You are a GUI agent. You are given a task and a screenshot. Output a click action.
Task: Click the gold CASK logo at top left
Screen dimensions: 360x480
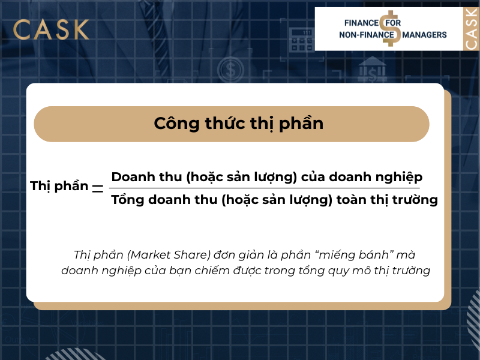click(x=51, y=29)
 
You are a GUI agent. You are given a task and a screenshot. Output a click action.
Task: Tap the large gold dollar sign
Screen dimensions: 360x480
click(x=393, y=28)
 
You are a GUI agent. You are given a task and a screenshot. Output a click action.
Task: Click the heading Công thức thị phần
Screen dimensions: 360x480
click(x=239, y=124)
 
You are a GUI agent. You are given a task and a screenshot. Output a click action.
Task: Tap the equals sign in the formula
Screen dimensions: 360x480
click(x=97, y=187)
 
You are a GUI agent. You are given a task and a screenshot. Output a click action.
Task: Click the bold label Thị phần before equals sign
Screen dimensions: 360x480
click(x=59, y=186)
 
